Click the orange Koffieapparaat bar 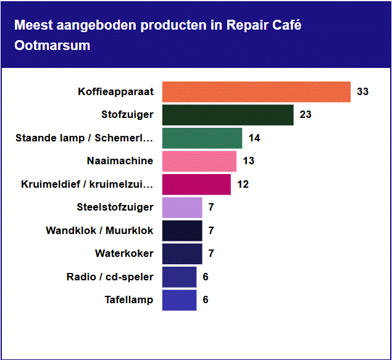click(x=256, y=92)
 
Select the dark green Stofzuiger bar click(x=228, y=115)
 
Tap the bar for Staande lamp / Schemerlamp click(x=202, y=138)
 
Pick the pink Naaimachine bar click(x=199, y=161)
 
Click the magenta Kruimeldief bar click(x=196, y=184)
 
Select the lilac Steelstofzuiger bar click(x=182, y=207)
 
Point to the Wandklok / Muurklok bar click(x=182, y=230)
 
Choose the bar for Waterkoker click(x=182, y=254)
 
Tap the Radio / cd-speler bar click(x=179, y=277)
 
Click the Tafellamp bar click(x=179, y=300)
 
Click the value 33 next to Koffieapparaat click(x=362, y=92)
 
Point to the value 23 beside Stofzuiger click(x=306, y=115)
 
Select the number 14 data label click(x=254, y=138)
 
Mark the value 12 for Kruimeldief click(x=243, y=184)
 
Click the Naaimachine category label click(x=120, y=161)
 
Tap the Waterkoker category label click(x=124, y=254)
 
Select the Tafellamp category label click(x=128, y=300)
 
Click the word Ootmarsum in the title click(x=52, y=46)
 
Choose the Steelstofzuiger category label click(x=115, y=207)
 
